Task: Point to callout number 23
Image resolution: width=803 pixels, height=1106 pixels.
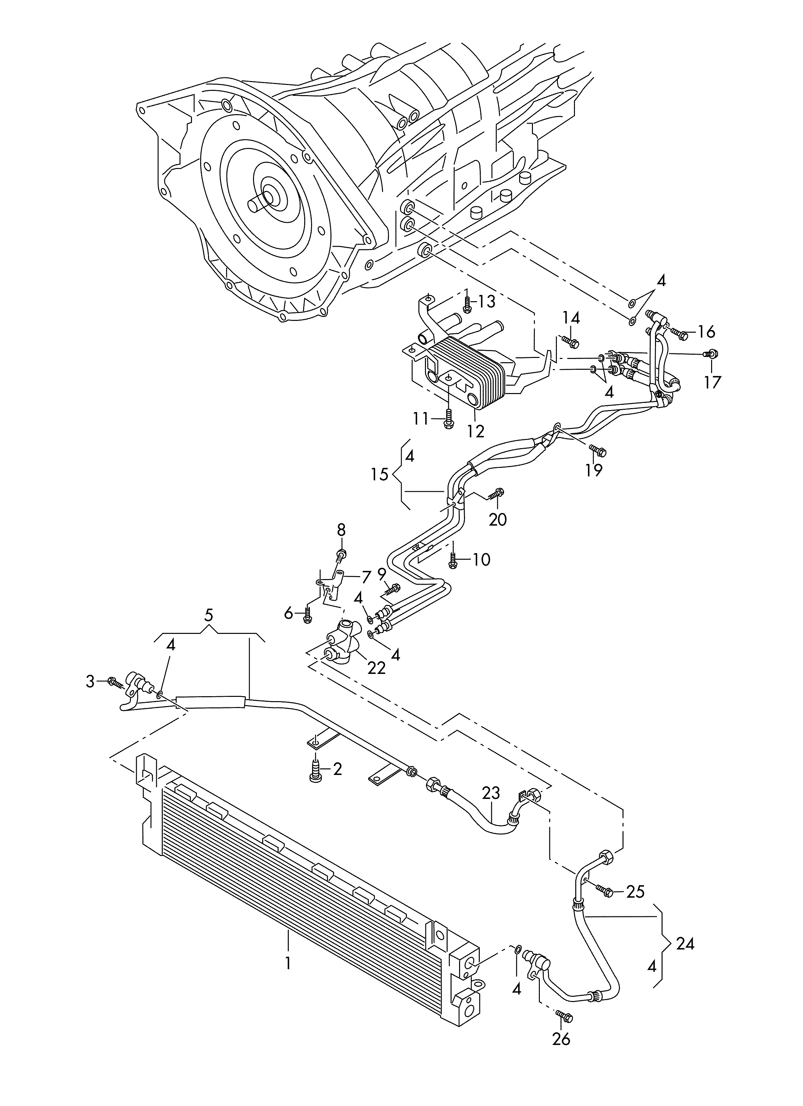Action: coord(491,793)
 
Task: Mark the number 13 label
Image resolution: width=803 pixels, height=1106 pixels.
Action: coord(486,302)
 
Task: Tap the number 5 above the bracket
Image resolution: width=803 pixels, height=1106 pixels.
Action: coord(209,616)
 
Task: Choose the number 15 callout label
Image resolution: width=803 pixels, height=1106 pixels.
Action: coord(379,474)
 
